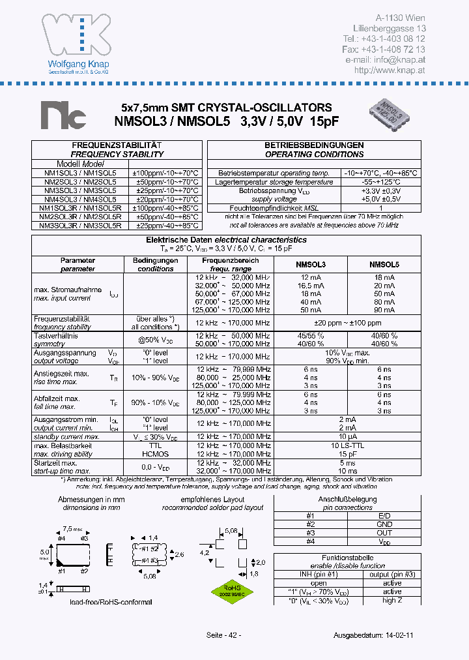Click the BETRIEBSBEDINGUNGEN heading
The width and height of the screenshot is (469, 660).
coord(314,145)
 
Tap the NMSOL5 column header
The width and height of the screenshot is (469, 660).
coord(384,264)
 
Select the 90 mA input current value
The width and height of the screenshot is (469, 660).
coord(384,310)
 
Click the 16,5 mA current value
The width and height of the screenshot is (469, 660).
coord(310,286)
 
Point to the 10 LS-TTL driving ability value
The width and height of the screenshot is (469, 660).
coord(347,445)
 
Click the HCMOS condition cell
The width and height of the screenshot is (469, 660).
coord(154,453)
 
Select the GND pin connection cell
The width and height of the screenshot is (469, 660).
coord(384,524)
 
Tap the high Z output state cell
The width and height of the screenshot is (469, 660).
coord(392,600)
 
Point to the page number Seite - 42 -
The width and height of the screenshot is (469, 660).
coord(223,635)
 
